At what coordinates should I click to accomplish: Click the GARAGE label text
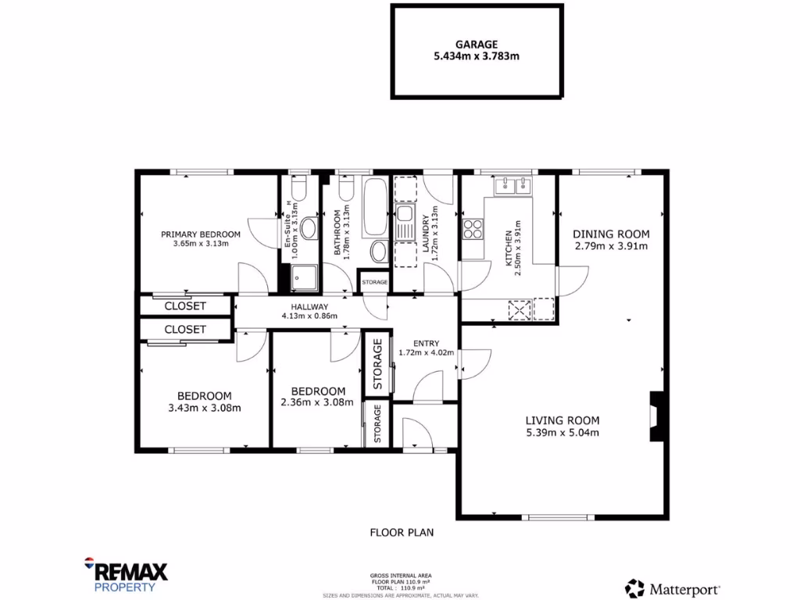tap(477, 45)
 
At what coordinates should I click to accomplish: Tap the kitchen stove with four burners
tap(473, 228)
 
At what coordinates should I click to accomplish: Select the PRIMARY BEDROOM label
tap(201, 234)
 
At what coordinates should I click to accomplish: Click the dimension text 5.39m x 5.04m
tap(562, 432)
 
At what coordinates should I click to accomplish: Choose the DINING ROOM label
tap(611, 234)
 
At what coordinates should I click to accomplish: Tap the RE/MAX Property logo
tap(125, 574)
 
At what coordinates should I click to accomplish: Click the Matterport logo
tap(673, 588)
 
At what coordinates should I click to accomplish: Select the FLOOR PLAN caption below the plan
tap(402, 532)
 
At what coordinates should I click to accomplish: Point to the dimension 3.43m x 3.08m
tap(204, 407)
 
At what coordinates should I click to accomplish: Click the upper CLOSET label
tap(185, 305)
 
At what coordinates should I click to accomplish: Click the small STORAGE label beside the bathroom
tap(374, 282)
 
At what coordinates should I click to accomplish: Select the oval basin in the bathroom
tap(378, 252)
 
